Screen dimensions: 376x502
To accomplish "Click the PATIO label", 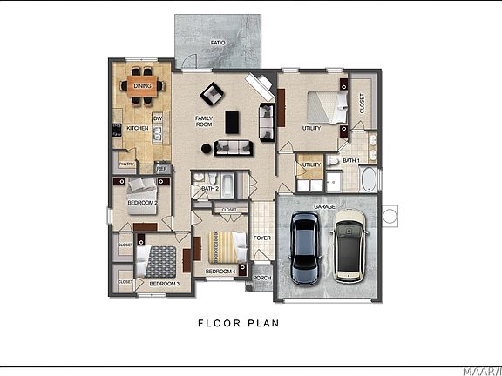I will coord(218,42).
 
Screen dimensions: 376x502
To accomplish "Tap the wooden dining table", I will coord(142,85).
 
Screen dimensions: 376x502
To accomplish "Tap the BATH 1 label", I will coord(350,161).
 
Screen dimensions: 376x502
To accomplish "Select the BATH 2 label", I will coord(209,188).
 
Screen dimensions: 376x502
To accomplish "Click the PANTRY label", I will coord(126,164).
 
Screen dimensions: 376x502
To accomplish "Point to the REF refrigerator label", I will coord(161,169).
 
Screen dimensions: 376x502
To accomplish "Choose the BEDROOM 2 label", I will coord(141,203).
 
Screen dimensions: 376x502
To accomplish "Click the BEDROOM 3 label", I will coord(164,284).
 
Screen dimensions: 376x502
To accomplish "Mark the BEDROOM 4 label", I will coord(220,272).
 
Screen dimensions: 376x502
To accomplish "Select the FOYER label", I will coord(261,238).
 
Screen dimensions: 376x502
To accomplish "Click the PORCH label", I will coord(261,279).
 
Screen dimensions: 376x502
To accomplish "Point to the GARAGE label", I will coord(325,206).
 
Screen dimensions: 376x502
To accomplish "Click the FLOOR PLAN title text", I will coord(238,323).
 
